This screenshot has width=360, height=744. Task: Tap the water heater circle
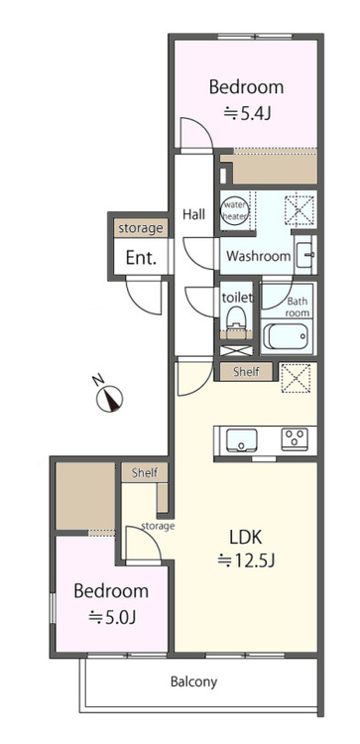coord(235,210)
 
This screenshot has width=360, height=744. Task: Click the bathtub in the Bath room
coord(284,336)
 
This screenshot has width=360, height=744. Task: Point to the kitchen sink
coord(241,439)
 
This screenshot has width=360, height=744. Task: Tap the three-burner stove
coord(295,439)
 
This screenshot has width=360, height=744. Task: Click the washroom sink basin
coord(304,255)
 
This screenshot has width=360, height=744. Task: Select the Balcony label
coord(193,682)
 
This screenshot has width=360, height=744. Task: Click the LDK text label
coord(246,537)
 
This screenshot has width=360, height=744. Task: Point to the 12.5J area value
coord(246,560)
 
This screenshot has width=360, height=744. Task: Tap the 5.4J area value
coord(247,113)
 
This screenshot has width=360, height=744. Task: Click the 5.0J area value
coord(112,617)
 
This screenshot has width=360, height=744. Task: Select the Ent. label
coord(141,258)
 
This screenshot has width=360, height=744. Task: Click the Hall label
coord(194,214)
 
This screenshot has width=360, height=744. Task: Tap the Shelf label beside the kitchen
coord(246,372)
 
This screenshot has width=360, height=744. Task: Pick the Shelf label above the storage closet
coord(145,472)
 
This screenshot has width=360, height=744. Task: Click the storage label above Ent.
coord(141,229)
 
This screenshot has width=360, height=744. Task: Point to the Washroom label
coord(259,257)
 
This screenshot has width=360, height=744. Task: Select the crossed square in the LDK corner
coord(296,378)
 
